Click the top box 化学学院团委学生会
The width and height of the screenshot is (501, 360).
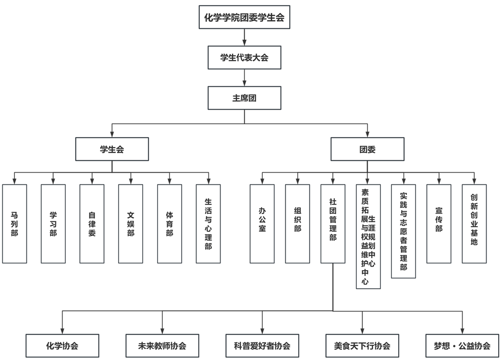coord(244,18)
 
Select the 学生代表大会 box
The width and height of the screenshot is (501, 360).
coord(244,58)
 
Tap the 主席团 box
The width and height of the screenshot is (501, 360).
coord(244,98)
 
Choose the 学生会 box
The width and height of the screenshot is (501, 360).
coord(112,149)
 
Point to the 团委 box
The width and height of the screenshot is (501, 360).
coord(367,149)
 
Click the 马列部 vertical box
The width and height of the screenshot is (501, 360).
coord(14,224)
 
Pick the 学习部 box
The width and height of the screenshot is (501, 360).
coord(53,224)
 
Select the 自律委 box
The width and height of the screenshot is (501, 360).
coord(92,224)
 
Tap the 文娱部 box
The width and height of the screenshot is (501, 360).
coord(131,224)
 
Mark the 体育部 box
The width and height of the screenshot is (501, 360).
coord(170,224)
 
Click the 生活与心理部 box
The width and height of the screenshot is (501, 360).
coord(208,224)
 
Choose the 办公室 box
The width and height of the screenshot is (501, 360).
coord(262,224)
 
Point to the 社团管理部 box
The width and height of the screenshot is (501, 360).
coord(333,224)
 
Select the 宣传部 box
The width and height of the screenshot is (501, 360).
coord(439,224)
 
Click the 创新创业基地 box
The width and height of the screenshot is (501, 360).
coord(474,224)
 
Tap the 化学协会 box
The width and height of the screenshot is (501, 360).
coord(62,346)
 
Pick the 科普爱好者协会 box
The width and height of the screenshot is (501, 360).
coord(262,346)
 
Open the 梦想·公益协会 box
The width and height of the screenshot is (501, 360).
coord(462,346)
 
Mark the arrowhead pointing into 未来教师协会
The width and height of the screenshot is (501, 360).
coord(162,331)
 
